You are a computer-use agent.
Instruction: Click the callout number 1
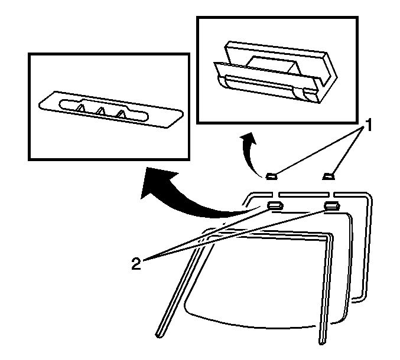click(x=368, y=125)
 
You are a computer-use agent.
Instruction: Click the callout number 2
click(x=136, y=263)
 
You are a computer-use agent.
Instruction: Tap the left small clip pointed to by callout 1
click(x=271, y=176)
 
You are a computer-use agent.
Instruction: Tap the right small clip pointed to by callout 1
click(x=329, y=176)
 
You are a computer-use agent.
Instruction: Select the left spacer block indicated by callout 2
click(x=275, y=205)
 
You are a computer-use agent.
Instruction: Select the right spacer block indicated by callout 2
click(x=331, y=205)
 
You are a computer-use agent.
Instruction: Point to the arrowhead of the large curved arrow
click(x=155, y=182)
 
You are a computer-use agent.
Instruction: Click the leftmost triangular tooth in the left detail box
click(x=81, y=108)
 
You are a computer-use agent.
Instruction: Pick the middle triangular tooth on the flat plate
click(x=100, y=111)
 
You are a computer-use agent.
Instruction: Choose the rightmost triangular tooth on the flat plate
click(x=121, y=114)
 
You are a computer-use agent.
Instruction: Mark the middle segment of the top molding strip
click(x=304, y=195)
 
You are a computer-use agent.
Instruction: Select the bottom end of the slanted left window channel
click(x=159, y=335)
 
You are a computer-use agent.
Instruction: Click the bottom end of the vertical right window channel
click(x=323, y=342)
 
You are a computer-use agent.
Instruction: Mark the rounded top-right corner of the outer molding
click(x=368, y=196)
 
